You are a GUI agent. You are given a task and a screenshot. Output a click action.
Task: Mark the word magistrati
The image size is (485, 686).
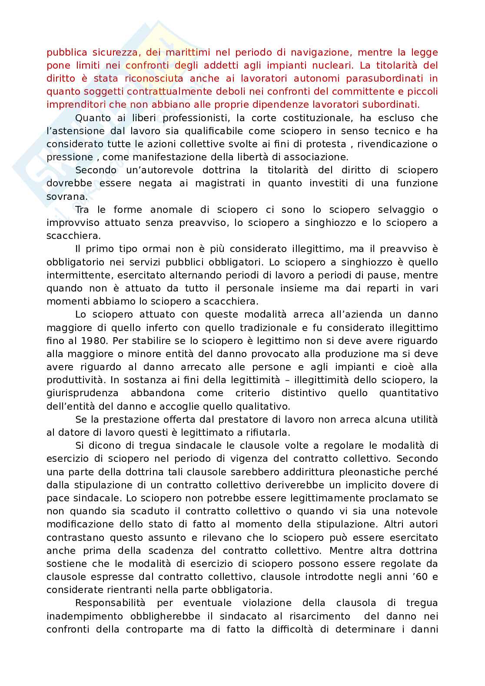coord(219,183)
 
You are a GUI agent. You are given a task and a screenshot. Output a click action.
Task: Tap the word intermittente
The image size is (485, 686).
coord(75,275)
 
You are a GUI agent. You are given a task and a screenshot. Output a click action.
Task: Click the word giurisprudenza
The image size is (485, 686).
coord(82,393)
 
